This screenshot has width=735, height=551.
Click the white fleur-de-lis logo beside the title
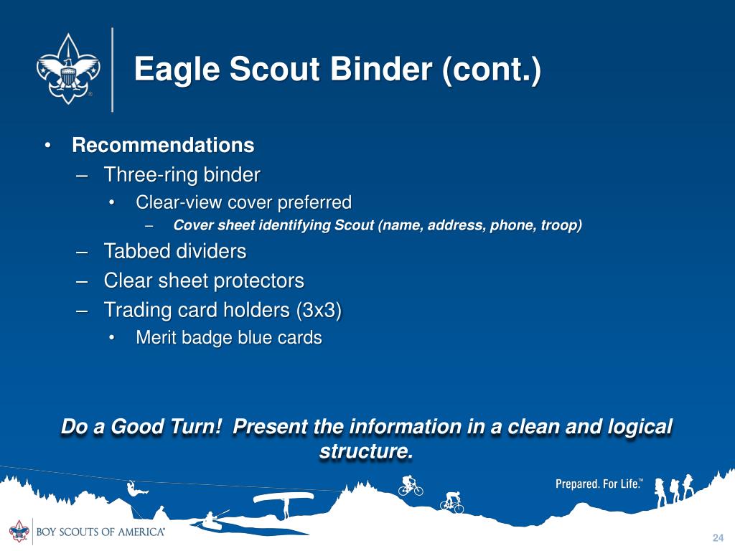click(68, 69)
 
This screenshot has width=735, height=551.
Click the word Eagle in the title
click(177, 70)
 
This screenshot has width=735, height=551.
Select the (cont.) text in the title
click(490, 70)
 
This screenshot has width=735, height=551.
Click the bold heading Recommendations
click(163, 145)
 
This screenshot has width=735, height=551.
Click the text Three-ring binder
click(182, 175)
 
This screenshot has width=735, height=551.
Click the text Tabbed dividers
click(175, 251)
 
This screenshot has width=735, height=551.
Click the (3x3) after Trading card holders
click(319, 310)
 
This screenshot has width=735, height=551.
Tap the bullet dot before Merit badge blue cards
click(111, 338)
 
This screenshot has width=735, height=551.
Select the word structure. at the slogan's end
click(366, 451)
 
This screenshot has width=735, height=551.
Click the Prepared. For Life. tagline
click(599, 484)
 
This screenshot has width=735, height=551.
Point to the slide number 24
click(718, 537)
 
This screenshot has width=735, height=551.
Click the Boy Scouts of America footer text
click(100, 532)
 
